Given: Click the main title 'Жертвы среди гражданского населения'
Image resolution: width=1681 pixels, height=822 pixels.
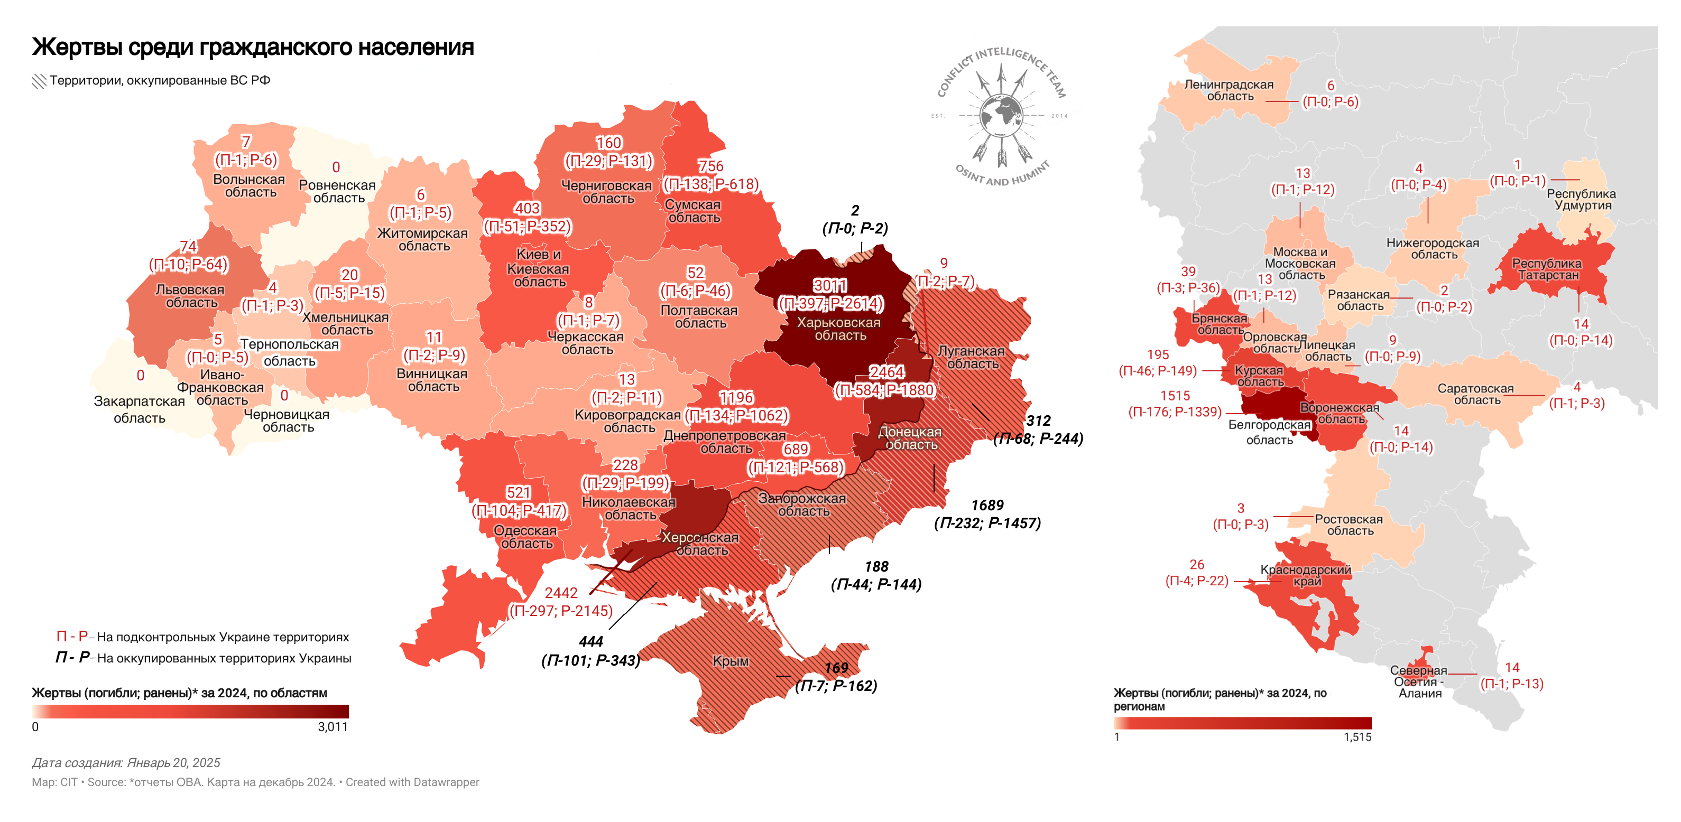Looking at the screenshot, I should [253, 47].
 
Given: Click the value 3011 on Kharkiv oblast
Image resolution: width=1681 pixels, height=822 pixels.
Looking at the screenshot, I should [829, 286].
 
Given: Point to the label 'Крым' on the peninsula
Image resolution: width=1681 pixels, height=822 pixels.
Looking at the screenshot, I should [730, 661].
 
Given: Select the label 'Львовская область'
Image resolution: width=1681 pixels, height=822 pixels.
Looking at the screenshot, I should [190, 295].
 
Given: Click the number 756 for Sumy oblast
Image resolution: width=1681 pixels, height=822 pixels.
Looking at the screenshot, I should [710, 166].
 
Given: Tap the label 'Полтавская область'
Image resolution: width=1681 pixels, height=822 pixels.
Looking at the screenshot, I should [699, 316].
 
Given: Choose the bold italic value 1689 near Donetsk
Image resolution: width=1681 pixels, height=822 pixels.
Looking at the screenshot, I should [987, 505].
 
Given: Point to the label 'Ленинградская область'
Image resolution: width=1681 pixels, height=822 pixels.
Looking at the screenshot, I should [1229, 90].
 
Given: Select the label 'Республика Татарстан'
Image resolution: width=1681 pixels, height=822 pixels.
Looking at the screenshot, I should [1547, 269].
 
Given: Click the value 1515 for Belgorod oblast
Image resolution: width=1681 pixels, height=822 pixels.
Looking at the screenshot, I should [1175, 395].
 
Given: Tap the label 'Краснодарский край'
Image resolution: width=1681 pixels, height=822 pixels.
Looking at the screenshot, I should [1305, 575].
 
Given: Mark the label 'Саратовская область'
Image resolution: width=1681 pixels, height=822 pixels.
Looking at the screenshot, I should [1475, 394].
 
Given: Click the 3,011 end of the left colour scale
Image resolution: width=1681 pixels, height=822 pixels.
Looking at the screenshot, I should [333, 727].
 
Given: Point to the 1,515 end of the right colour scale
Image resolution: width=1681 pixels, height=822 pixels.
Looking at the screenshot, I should [1357, 736].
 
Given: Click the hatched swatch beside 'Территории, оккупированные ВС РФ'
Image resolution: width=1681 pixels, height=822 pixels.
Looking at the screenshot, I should [39, 81].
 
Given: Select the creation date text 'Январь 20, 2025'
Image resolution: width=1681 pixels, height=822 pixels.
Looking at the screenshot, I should [173, 763].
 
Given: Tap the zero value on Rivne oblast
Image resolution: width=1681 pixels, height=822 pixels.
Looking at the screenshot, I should [336, 167].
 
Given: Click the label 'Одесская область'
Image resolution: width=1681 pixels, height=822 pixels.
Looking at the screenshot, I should [525, 537].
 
